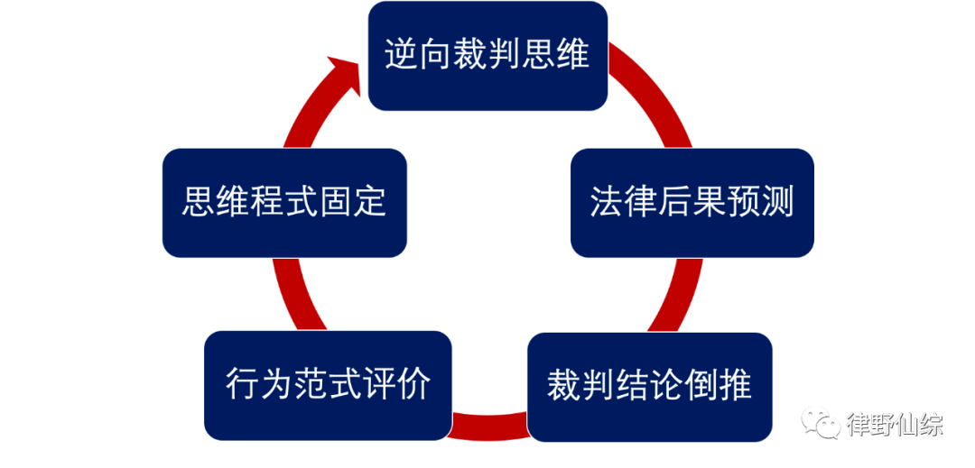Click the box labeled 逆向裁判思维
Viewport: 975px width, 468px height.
coord(487,56)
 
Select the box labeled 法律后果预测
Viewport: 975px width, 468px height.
coord(692,202)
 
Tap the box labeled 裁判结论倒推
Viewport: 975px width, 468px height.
coord(649,386)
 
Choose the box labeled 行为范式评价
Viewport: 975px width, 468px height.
coord(327,385)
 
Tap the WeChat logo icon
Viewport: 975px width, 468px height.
coord(820,421)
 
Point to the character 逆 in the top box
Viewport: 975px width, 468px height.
coord(401,55)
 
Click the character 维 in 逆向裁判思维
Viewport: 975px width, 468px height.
coord(573,55)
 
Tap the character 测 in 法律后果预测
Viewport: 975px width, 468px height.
coord(777,202)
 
